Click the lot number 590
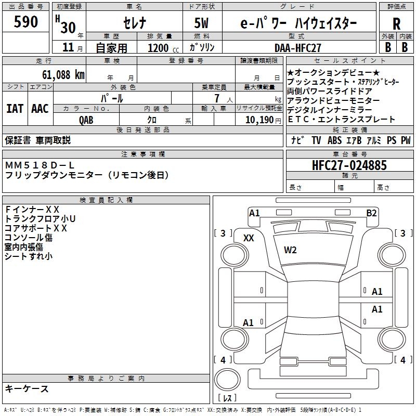click(x=25, y=21)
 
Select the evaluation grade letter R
click(x=396, y=24)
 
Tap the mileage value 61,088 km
click(x=63, y=75)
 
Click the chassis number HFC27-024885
click(x=349, y=165)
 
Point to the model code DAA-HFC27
click(x=297, y=48)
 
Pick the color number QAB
click(x=86, y=120)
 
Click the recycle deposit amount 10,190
click(x=259, y=120)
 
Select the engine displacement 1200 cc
click(x=163, y=48)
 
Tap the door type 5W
click(x=201, y=23)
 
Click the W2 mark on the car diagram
click(x=290, y=250)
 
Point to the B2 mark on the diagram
click(x=371, y=213)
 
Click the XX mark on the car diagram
click(x=249, y=238)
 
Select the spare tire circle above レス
click(x=227, y=380)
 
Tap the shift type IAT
click(x=15, y=109)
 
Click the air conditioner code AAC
click(x=40, y=109)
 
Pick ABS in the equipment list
click(x=334, y=140)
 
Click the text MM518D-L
click(x=40, y=165)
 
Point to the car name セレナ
click(x=135, y=23)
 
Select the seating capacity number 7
click(x=217, y=98)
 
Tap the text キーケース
click(x=27, y=388)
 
